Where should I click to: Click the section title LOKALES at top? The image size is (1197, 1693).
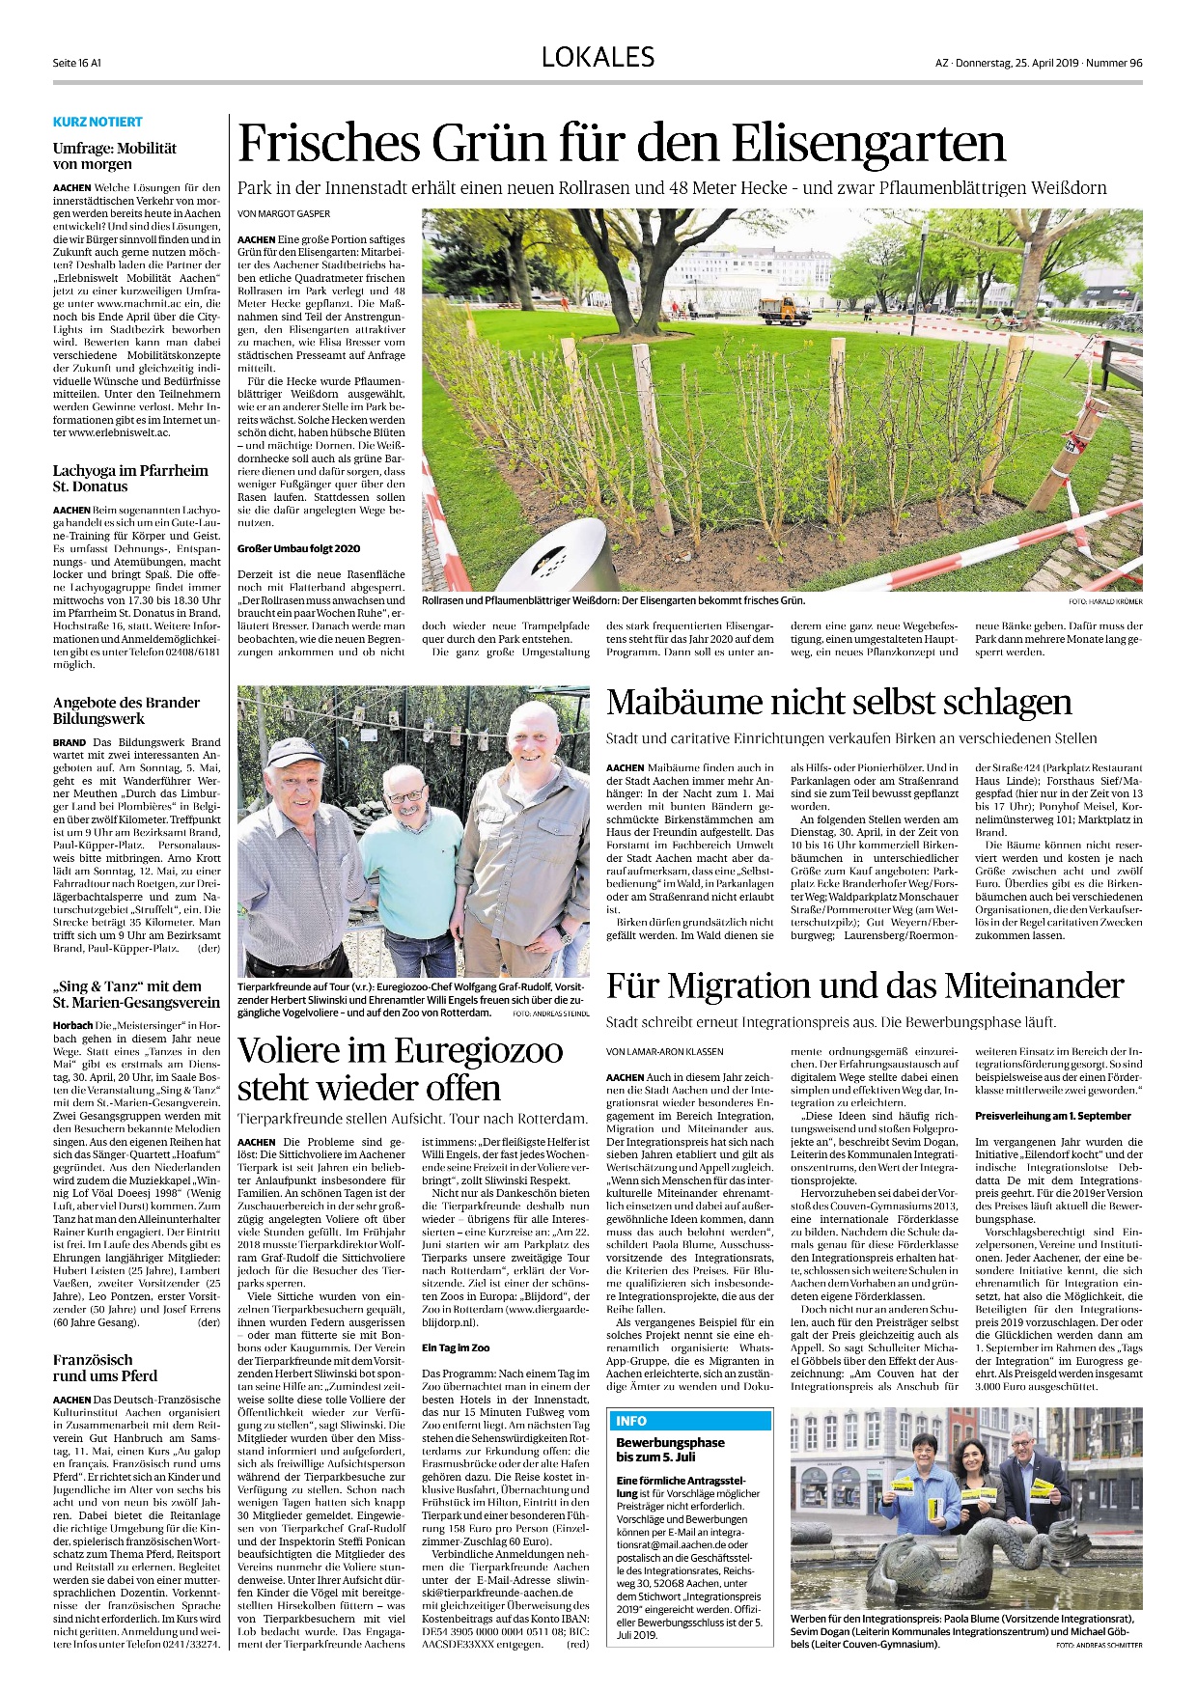click(598, 58)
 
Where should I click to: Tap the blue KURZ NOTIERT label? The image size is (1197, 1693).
click(97, 122)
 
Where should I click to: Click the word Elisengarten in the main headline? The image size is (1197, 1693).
click(868, 144)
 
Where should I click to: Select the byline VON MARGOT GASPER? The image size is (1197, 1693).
click(284, 213)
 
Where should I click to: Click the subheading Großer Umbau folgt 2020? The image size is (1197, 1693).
click(299, 548)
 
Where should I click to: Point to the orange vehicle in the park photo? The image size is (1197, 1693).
click(783, 310)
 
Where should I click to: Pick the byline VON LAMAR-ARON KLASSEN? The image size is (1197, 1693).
click(665, 1051)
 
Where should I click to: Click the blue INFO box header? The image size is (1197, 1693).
click(689, 1421)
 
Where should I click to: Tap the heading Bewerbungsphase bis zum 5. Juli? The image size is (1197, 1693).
click(670, 1449)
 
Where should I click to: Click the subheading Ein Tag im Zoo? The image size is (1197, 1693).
click(456, 1347)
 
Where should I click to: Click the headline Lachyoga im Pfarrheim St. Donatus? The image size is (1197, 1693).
click(130, 479)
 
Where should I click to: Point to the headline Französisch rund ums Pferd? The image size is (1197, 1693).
click(105, 1368)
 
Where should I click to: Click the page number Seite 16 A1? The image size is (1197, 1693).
click(77, 63)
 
